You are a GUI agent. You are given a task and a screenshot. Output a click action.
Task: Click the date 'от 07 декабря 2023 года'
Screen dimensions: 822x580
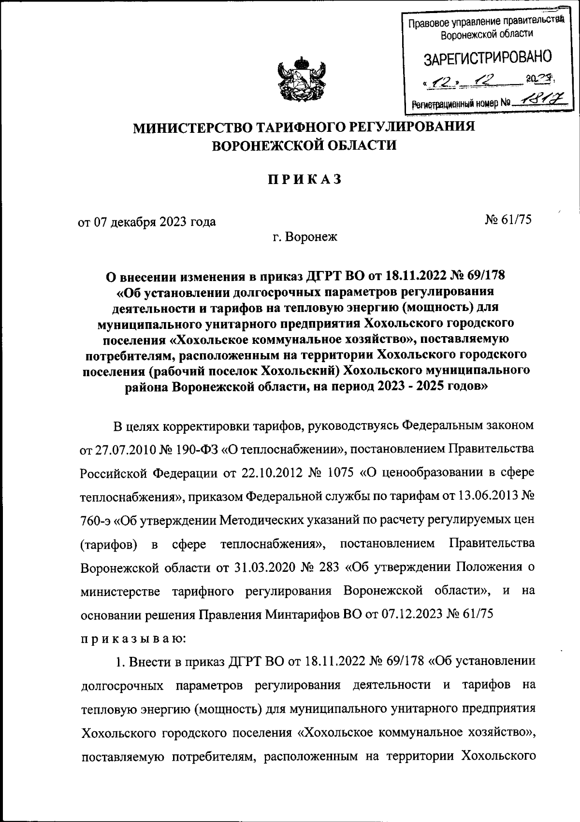147,222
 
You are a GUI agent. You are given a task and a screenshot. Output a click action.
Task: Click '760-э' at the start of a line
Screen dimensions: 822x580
95,521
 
